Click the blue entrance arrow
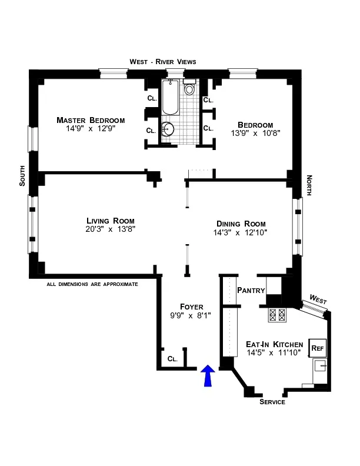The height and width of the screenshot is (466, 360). [206, 376]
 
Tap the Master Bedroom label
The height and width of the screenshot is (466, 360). [91, 120]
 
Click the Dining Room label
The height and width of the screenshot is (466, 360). [241, 224]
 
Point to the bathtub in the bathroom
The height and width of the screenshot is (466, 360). [170, 98]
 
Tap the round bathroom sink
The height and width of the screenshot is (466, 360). [169, 129]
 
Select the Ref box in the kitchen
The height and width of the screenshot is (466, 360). [317, 347]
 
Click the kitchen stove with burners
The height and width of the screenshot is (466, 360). [276, 315]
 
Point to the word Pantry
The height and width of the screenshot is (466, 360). [251, 290]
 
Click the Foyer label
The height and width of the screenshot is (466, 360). [192, 307]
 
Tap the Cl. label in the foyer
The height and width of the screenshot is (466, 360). [172, 358]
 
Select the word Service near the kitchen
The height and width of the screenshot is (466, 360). [272, 402]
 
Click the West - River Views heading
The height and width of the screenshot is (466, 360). [163, 62]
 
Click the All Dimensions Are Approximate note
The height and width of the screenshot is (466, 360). [92, 284]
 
